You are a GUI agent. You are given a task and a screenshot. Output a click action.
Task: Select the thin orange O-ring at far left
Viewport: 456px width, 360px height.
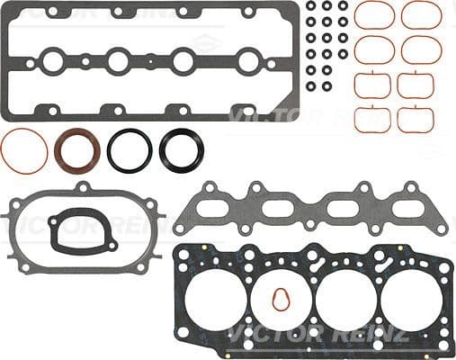coord(24,150)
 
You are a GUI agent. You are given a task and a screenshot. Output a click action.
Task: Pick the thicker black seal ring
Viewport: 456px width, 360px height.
coord(182,148)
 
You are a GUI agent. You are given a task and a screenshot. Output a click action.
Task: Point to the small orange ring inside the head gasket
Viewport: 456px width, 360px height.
coord(282,299)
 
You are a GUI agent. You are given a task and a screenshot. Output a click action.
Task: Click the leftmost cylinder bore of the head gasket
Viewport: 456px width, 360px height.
coord(217,297)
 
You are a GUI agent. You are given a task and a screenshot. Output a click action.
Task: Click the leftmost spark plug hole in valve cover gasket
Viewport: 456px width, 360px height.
coord(51,61)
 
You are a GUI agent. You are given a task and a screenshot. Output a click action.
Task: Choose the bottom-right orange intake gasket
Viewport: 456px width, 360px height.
coord(416,119)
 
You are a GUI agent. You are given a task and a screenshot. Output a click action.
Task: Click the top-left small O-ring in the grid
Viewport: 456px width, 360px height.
coord(311,6)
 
